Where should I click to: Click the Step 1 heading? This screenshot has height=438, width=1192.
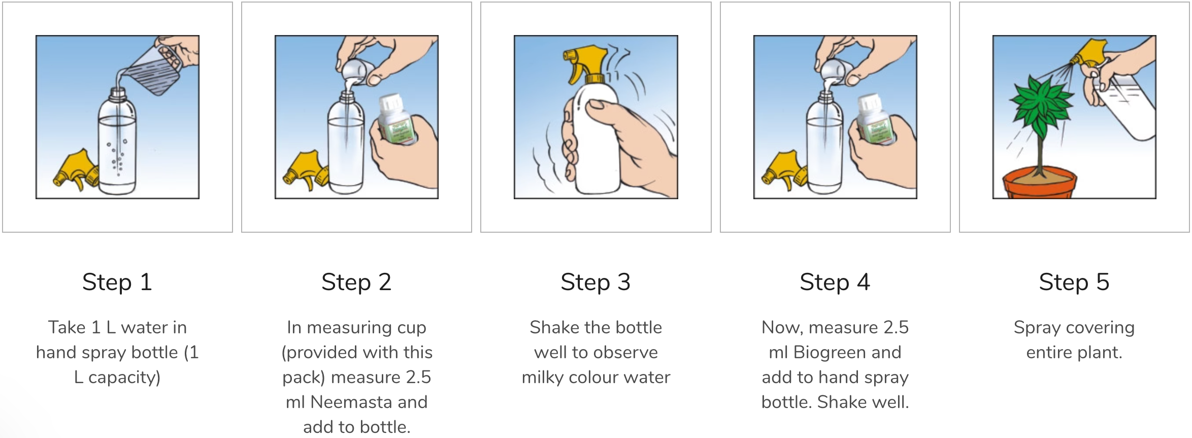click(117, 282)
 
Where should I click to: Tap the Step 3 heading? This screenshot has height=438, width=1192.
click(595, 282)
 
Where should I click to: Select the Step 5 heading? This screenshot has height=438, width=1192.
click(1074, 282)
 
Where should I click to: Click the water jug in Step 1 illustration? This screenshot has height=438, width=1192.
click(155, 68)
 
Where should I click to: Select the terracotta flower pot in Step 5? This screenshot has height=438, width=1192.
click(1039, 184)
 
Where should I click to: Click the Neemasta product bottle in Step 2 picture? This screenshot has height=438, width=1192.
click(399, 119)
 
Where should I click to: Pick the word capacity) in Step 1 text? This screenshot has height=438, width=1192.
click(124, 378)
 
